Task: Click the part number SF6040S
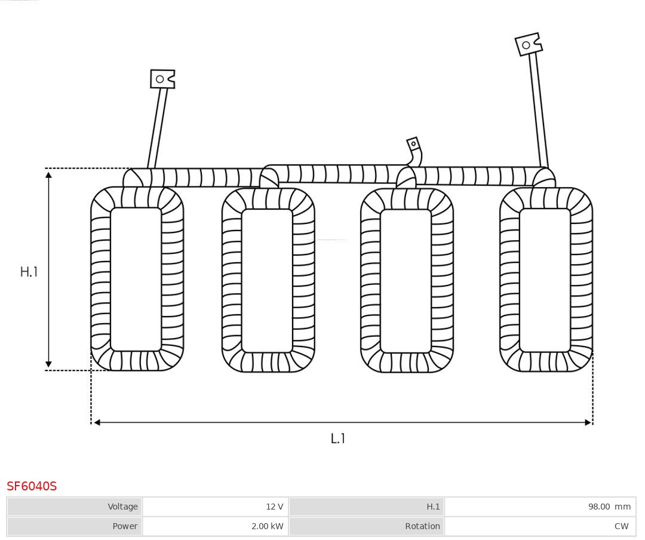(x=32, y=486)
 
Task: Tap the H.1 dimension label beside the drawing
(x=29, y=272)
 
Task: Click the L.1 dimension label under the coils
(x=337, y=438)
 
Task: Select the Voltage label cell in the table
(x=75, y=507)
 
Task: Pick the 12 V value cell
(x=215, y=507)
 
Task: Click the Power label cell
(x=75, y=526)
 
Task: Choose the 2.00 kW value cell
(x=215, y=526)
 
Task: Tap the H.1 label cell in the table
(x=367, y=507)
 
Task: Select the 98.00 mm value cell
(x=540, y=507)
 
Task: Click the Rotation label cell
(x=367, y=526)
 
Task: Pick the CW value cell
(x=540, y=526)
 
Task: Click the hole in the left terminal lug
(x=159, y=79)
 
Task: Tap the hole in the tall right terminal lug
(x=526, y=45)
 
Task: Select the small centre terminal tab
(x=413, y=144)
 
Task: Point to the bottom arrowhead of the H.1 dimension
(x=48, y=364)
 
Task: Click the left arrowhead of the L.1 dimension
(x=97, y=422)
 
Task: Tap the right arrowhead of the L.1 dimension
(x=588, y=422)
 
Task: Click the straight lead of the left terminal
(x=158, y=128)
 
